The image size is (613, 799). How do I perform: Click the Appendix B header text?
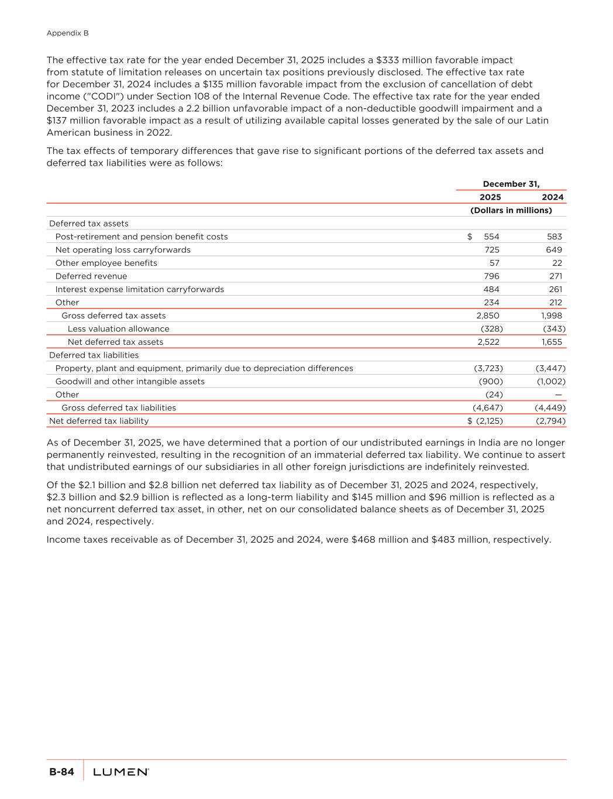click(67, 33)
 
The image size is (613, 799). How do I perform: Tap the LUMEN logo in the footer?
click(121, 772)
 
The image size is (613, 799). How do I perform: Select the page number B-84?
click(61, 772)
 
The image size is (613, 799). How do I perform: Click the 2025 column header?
click(490, 197)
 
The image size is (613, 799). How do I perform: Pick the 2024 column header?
click(552, 197)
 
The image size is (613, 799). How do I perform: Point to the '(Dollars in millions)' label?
click(511, 210)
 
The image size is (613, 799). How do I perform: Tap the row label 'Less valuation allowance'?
click(118, 329)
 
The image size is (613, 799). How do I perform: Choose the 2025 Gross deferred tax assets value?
click(488, 316)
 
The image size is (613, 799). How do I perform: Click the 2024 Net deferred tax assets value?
click(552, 342)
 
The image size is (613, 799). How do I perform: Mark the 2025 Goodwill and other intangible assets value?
click(491, 382)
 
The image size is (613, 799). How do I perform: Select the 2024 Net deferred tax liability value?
click(550, 421)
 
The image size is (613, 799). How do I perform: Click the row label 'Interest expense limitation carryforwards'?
click(139, 289)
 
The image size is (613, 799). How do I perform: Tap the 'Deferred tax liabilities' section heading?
click(94, 355)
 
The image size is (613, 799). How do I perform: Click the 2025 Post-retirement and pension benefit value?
click(491, 236)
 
